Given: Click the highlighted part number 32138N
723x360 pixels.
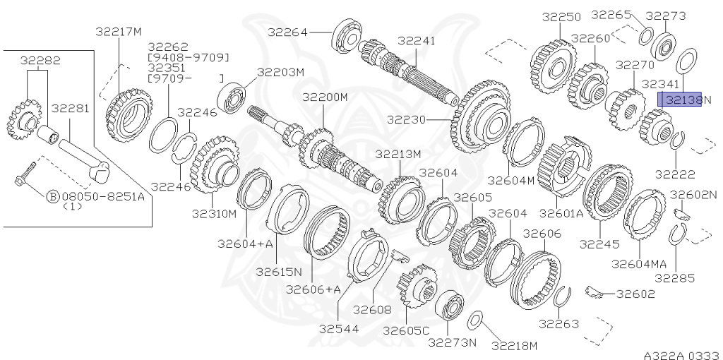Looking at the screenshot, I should (x=680, y=100).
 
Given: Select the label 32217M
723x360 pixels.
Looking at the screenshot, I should (x=119, y=32).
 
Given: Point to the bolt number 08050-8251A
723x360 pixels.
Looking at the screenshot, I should (x=102, y=196).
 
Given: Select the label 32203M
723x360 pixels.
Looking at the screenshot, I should (x=280, y=72).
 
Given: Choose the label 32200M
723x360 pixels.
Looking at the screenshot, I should (x=325, y=97).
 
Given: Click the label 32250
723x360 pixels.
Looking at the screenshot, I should (x=561, y=16).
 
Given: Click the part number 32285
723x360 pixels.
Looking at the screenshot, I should (x=674, y=277).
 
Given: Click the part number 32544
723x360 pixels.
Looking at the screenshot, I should (x=340, y=328).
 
